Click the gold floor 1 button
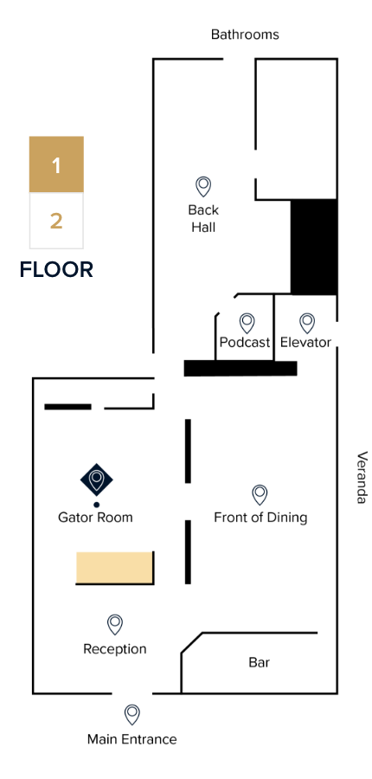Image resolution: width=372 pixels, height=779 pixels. (56, 164)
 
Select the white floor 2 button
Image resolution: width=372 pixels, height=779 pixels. (56, 221)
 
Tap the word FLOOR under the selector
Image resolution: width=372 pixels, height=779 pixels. (56, 270)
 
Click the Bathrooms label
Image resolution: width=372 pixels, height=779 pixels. (245, 35)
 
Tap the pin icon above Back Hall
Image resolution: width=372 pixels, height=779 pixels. (203, 187)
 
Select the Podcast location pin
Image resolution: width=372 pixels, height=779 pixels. (247, 323)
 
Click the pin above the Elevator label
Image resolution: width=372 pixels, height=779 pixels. (307, 323)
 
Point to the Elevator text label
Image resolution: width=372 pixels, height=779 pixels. (305, 342)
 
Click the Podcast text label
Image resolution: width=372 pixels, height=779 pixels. (245, 342)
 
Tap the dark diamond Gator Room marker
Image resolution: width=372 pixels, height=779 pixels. (96, 480)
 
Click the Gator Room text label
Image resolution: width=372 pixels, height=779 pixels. (95, 518)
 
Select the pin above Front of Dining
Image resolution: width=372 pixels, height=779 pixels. (260, 495)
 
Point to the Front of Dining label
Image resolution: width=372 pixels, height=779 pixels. (260, 518)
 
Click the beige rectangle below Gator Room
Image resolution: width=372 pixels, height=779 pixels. (114, 567)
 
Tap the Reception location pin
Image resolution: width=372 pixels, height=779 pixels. (115, 624)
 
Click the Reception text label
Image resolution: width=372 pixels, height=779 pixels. (115, 649)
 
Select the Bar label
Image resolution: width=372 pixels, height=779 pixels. (260, 662)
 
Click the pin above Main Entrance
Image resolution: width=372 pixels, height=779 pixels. (131, 715)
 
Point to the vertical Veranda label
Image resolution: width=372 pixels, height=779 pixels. (362, 477)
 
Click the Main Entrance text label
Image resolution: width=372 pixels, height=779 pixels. (131, 739)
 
